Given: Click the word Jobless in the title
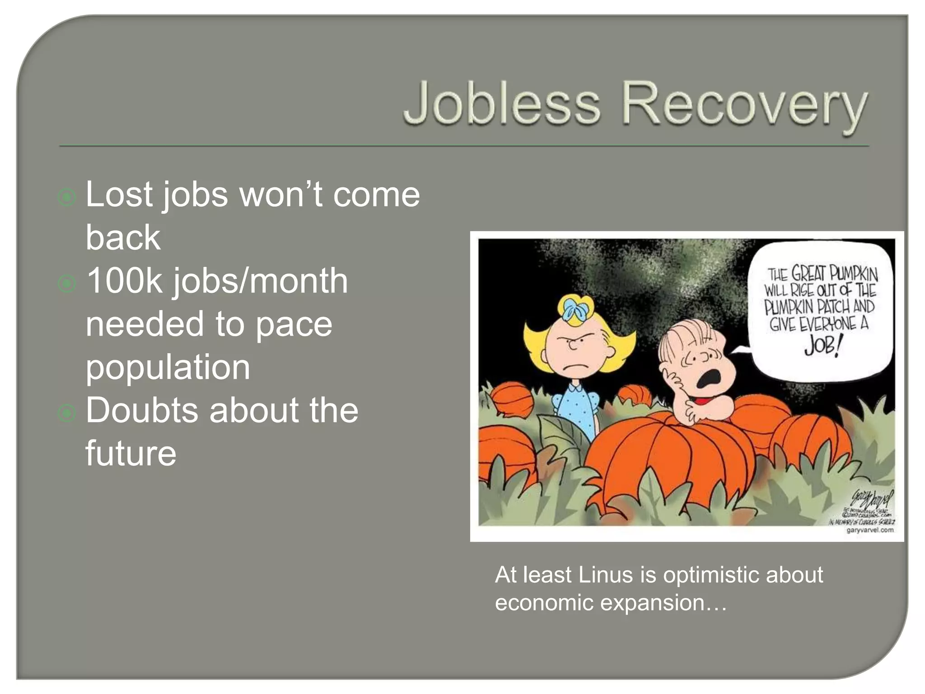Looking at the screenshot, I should pos(501,104).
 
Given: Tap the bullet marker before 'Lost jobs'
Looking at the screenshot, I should pos(67,197).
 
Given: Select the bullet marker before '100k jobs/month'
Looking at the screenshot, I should pos(67,283).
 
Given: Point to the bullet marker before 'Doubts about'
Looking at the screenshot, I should pos(67,413).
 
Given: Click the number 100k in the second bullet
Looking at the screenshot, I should pos(124,281).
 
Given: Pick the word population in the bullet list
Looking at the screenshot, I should pos(168,367).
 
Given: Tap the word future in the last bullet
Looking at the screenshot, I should pos(131,453).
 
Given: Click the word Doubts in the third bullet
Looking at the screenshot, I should pos(143,410).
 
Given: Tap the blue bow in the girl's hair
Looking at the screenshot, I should pos(575,309).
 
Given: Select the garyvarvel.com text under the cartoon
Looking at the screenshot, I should pos(869,530).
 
